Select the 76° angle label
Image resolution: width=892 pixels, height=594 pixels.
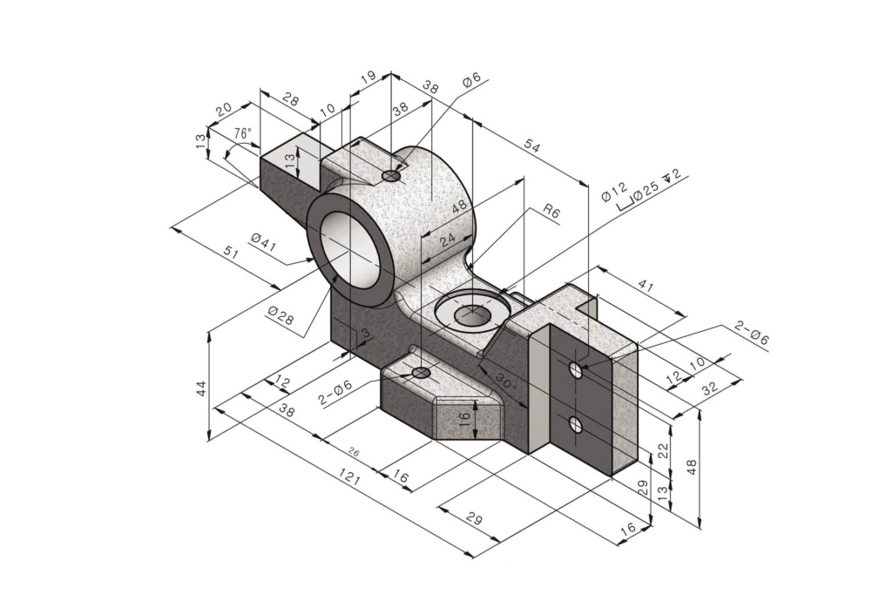coord(243,133)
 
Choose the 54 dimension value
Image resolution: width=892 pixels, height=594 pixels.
coord(531,148)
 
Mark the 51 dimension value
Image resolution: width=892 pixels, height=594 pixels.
coord(231,253)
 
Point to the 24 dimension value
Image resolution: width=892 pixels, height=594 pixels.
coord(448,240)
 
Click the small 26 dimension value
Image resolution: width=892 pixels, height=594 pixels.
coord(354,452)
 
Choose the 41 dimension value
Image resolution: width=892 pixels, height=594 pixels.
coord(645,283)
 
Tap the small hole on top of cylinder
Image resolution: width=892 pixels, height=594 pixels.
coord(392,176)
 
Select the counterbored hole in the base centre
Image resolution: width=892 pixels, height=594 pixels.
coord(471,313)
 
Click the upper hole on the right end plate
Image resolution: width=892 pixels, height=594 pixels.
coord(576,370)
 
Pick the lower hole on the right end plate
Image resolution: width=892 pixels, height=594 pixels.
coord(575,424)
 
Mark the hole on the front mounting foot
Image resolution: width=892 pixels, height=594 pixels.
coord(422,373)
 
